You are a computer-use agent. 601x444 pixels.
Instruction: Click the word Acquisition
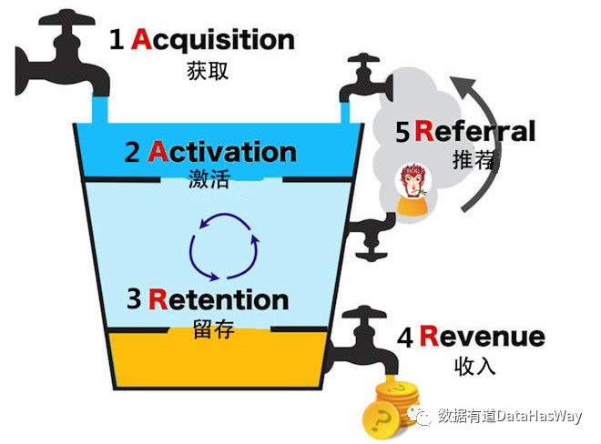(213, 40)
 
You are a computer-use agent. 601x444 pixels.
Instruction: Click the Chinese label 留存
(215, 328)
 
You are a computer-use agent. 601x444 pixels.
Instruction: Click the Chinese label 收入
(472, 368)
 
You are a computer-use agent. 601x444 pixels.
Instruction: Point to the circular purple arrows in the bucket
(224, 246)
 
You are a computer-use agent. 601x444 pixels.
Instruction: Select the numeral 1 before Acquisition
(116, 40)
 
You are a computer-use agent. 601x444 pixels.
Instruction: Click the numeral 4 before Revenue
(405, 338)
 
